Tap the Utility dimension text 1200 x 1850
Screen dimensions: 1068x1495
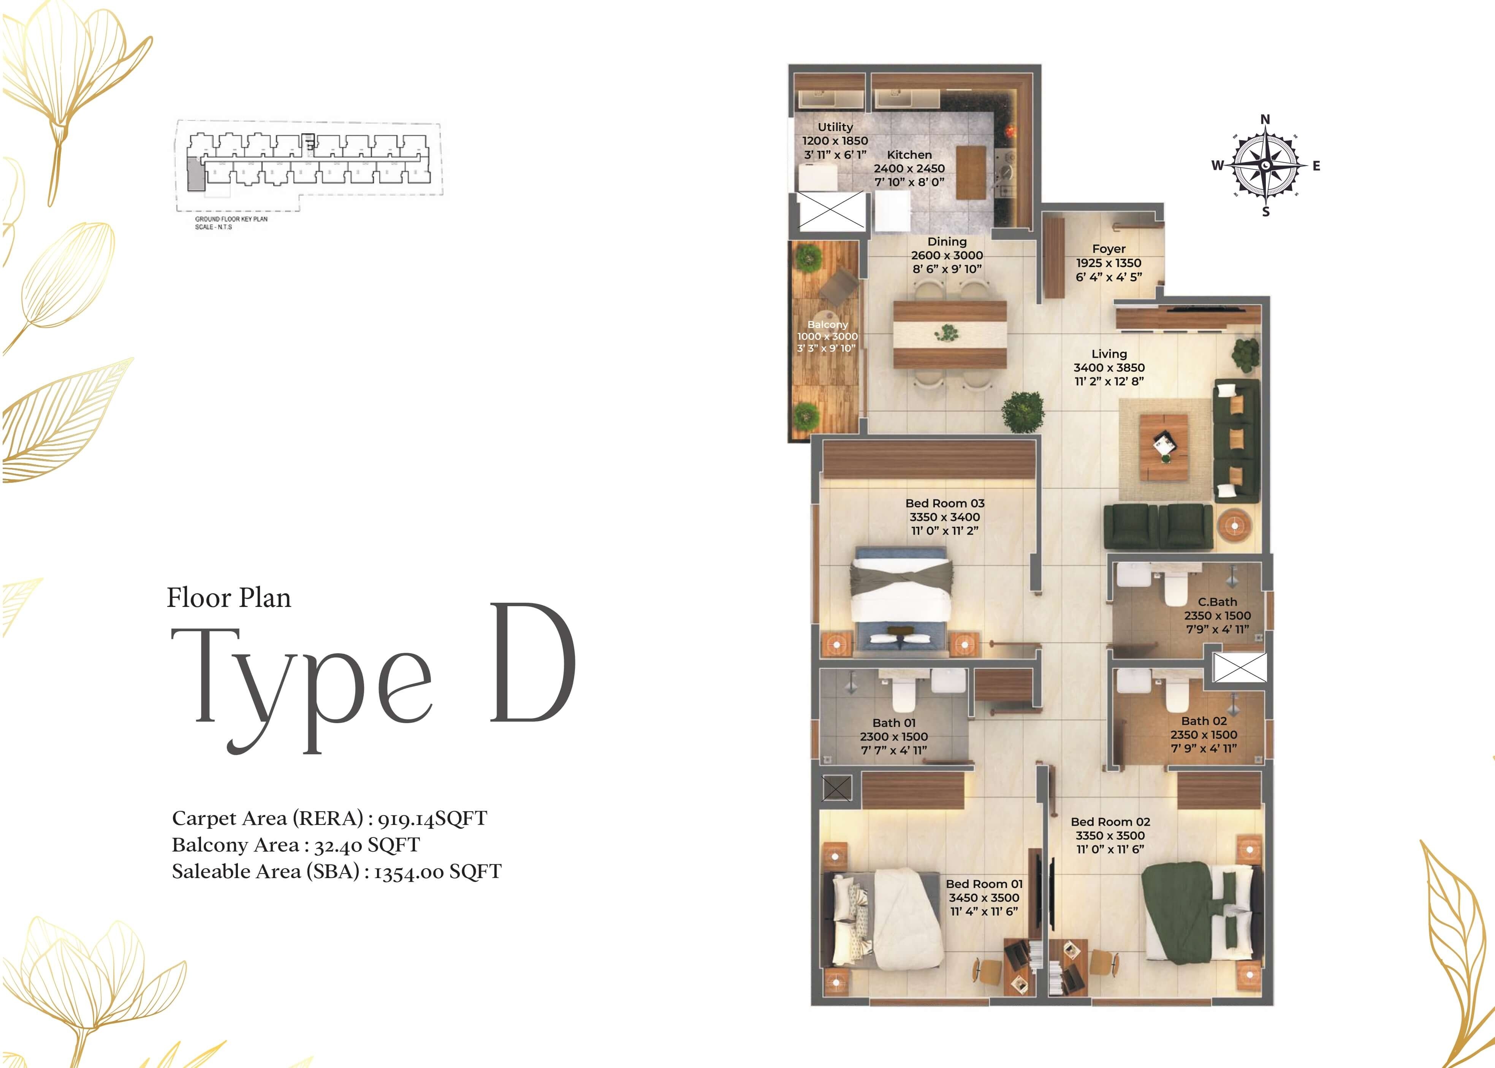(835, 141)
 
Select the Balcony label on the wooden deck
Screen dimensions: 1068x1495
(827, 324)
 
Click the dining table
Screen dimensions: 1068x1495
(950, 334)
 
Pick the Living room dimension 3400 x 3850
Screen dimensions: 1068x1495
(1109, 368)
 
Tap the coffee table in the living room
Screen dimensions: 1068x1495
(1163, 447)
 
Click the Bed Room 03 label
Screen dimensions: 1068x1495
(944, 503)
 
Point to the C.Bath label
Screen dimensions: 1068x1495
(1217, 602)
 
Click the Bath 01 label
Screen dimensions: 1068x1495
(893, 723)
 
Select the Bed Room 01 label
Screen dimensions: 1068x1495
(984, 884)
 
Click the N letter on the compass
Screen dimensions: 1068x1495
(1265, 119)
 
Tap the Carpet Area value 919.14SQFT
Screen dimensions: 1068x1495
(432, 819)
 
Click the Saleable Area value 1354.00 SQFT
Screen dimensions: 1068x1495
(437, 872)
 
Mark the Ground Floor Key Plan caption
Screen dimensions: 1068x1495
(231, 219)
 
